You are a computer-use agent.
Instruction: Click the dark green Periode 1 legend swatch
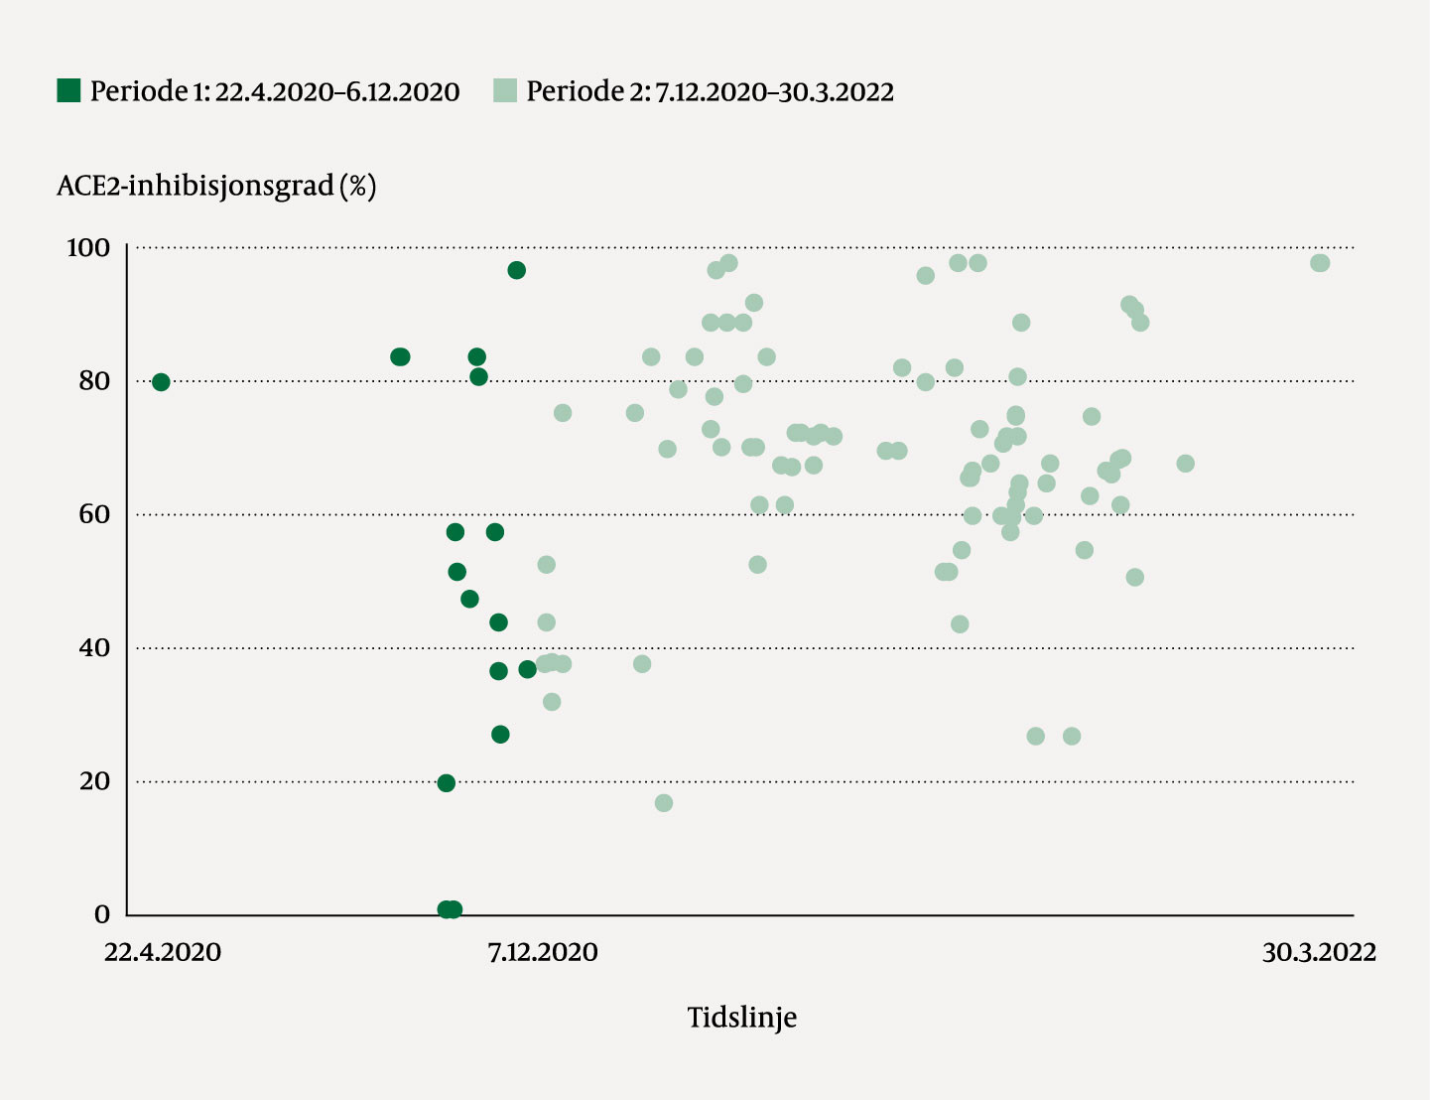(68, 91)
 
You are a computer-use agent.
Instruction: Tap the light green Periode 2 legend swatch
(505, 91)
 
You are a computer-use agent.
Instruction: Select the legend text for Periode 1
(275, 92)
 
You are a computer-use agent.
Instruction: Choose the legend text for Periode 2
(710, 92)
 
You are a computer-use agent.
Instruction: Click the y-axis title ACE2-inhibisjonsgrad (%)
(216, 186)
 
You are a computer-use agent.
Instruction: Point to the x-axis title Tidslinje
(742, 1018)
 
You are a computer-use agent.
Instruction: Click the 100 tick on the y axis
(88, 247)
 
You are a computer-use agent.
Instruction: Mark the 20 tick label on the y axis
(94, 781)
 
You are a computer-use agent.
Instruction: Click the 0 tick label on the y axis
(103, 914)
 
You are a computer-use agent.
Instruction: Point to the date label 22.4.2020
(163, 953)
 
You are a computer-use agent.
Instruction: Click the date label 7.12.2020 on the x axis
(543, 953)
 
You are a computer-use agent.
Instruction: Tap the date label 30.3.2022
(1319, 953)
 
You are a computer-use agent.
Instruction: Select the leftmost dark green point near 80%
(161, 382)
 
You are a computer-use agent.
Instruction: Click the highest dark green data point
(516, 270)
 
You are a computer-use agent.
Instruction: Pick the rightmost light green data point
(1320, 263)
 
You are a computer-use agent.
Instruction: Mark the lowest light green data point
(664, 803)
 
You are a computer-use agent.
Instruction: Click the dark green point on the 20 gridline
(447, 783)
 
